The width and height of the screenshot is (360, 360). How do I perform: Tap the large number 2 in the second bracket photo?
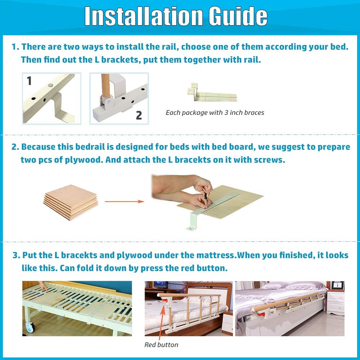coord(139,115)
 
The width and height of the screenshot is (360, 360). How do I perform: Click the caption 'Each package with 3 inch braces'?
coord(215,113)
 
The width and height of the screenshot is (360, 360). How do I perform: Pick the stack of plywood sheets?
coord(71,202)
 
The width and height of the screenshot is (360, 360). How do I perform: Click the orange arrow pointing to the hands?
coord(124,202)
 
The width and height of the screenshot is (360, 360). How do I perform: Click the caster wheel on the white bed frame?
coord(30,327)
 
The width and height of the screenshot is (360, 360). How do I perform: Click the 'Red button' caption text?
coord(161,345)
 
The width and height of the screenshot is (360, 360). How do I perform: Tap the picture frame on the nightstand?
coord(337,285)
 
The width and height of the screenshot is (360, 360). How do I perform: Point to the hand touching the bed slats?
coord(43,286)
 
